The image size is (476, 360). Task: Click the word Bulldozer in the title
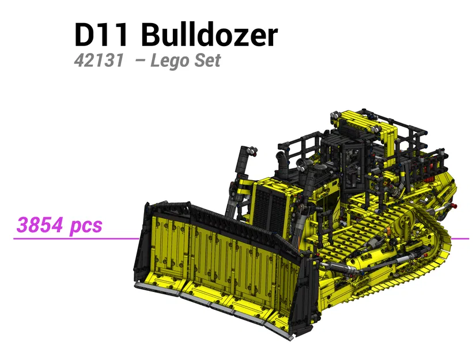point(209,35)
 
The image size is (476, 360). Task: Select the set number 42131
point(98,60)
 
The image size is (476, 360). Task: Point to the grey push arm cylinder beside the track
point(369,259)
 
